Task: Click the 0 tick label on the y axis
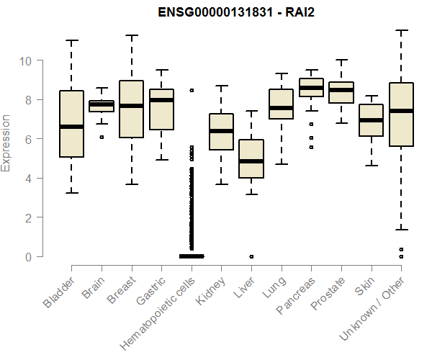[29, 256]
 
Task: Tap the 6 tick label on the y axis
[29, 139]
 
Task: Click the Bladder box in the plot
[71, 123]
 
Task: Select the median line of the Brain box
[102, 104]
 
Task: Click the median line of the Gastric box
[161, 100]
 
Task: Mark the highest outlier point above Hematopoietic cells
[192, 90]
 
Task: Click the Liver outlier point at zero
[251, 256]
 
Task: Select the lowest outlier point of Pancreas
[311, 147]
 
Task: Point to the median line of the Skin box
[371, 120]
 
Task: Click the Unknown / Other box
[401, 114]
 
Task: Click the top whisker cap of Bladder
[71, 40]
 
